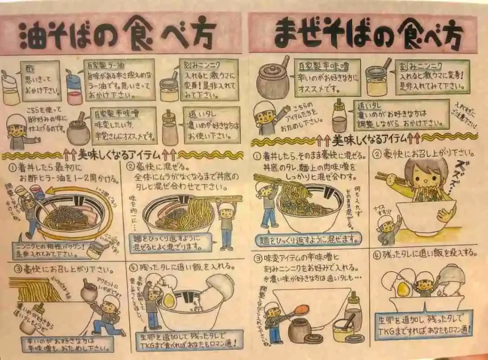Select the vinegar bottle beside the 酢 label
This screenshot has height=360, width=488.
coord(10,89)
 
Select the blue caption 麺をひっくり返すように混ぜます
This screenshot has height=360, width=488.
coord(307,238)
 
